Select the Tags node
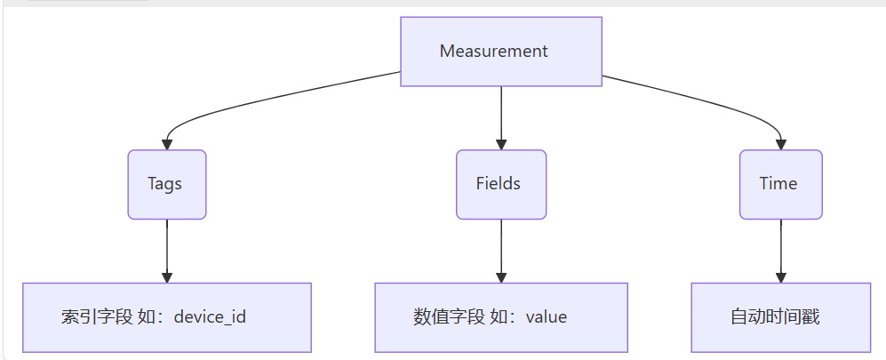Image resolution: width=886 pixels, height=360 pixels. coord(166,184)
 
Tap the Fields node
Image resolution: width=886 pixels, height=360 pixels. coord(501,184)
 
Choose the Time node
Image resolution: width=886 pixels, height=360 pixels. coord(780,184)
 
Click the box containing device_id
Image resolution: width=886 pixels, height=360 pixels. coord(166,317)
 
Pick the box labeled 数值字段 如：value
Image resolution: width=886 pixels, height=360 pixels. coord(501,317)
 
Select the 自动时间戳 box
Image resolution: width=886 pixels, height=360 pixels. coord(780,317)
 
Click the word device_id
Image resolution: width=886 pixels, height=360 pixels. coord(210,317)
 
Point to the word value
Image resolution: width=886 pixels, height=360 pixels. coord(547,317)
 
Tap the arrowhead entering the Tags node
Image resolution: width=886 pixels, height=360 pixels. coord(166,143)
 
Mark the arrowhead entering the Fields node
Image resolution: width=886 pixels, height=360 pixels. coord(501,143)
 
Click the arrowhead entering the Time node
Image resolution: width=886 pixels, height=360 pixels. coord(780,143)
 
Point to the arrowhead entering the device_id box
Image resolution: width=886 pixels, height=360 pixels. coord(166,276)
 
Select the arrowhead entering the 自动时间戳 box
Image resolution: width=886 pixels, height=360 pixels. coord(780,276)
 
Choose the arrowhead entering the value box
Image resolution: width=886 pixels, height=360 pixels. coord(501,276)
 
